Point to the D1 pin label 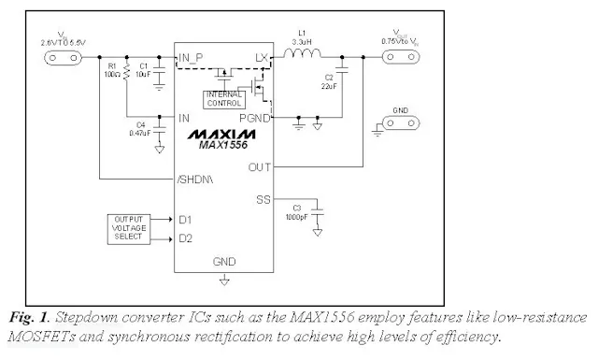point(185,219)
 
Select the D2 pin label point(185,237)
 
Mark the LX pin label point(262,58)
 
